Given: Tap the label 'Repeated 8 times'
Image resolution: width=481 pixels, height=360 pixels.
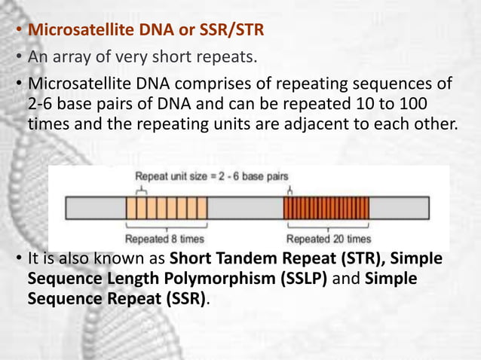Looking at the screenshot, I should [x=168, y=239].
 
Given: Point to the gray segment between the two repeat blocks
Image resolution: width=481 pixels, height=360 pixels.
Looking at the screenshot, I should [x=245, y=207].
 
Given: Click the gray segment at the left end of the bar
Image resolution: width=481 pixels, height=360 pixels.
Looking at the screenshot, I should [x=95, y=207].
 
